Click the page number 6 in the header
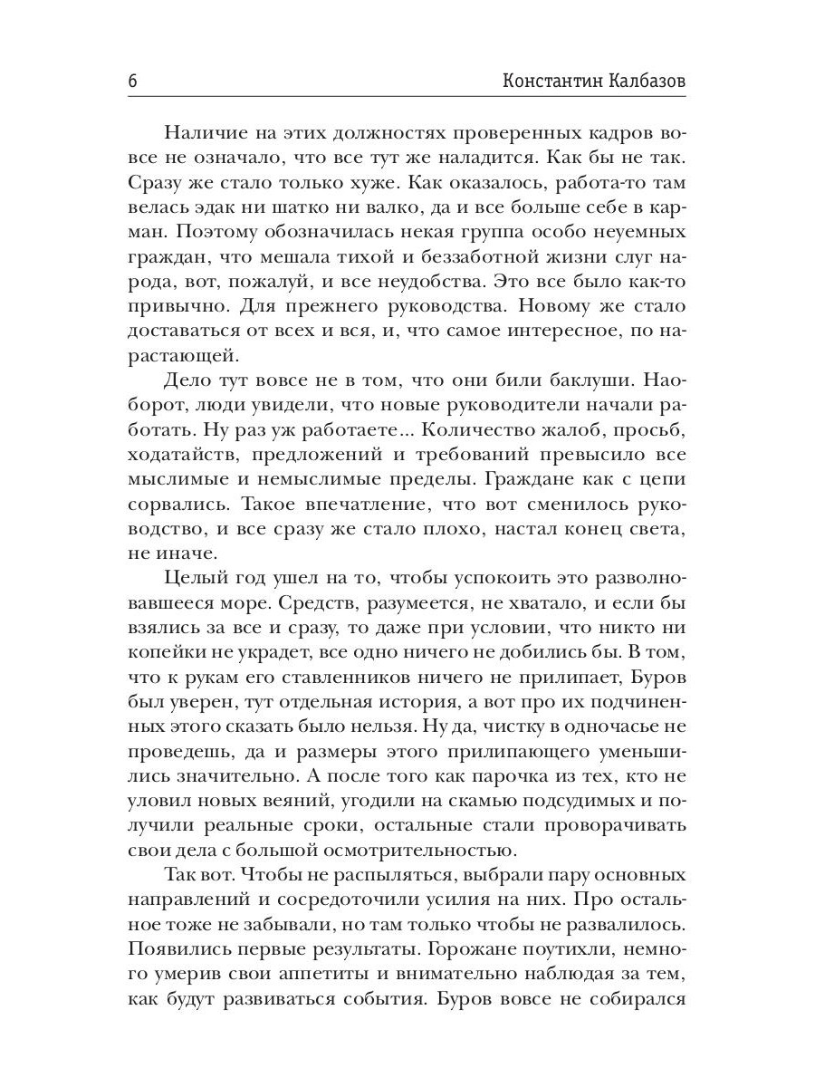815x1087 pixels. (x=132, y=81)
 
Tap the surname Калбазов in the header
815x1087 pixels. (x=647, y=81)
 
